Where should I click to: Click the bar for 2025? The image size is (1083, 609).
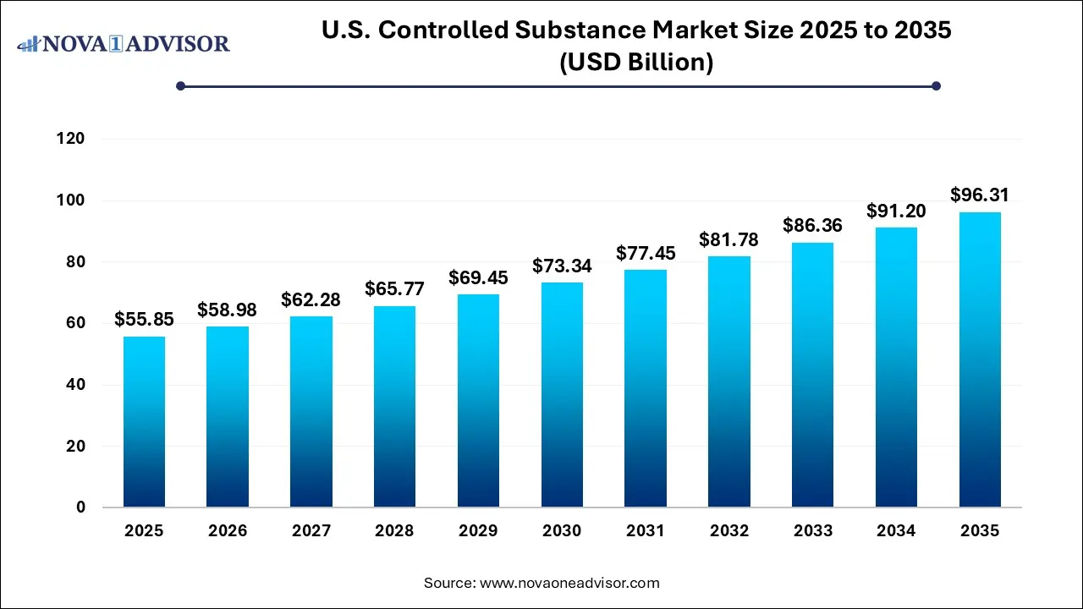(144, 422)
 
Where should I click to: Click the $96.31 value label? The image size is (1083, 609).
(980, 195)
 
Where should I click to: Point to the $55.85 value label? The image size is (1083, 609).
(144, 321)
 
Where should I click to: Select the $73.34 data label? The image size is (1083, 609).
(562, 266)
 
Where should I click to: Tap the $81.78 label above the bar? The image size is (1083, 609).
(728, 240)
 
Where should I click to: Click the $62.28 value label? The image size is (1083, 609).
(311, 300)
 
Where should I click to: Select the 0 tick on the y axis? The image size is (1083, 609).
(80, 507)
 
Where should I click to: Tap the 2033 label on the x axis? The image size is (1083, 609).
(812, 531)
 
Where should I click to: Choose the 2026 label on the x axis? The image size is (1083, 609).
(228, 531)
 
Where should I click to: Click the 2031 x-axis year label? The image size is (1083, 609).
(646, 531)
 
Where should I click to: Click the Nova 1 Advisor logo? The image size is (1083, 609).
(124, 43)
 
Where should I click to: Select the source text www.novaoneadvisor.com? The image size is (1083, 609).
(569, 583)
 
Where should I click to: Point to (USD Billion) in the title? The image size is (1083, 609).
(636, 62)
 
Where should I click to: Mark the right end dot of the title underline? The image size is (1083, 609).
(936, 85)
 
